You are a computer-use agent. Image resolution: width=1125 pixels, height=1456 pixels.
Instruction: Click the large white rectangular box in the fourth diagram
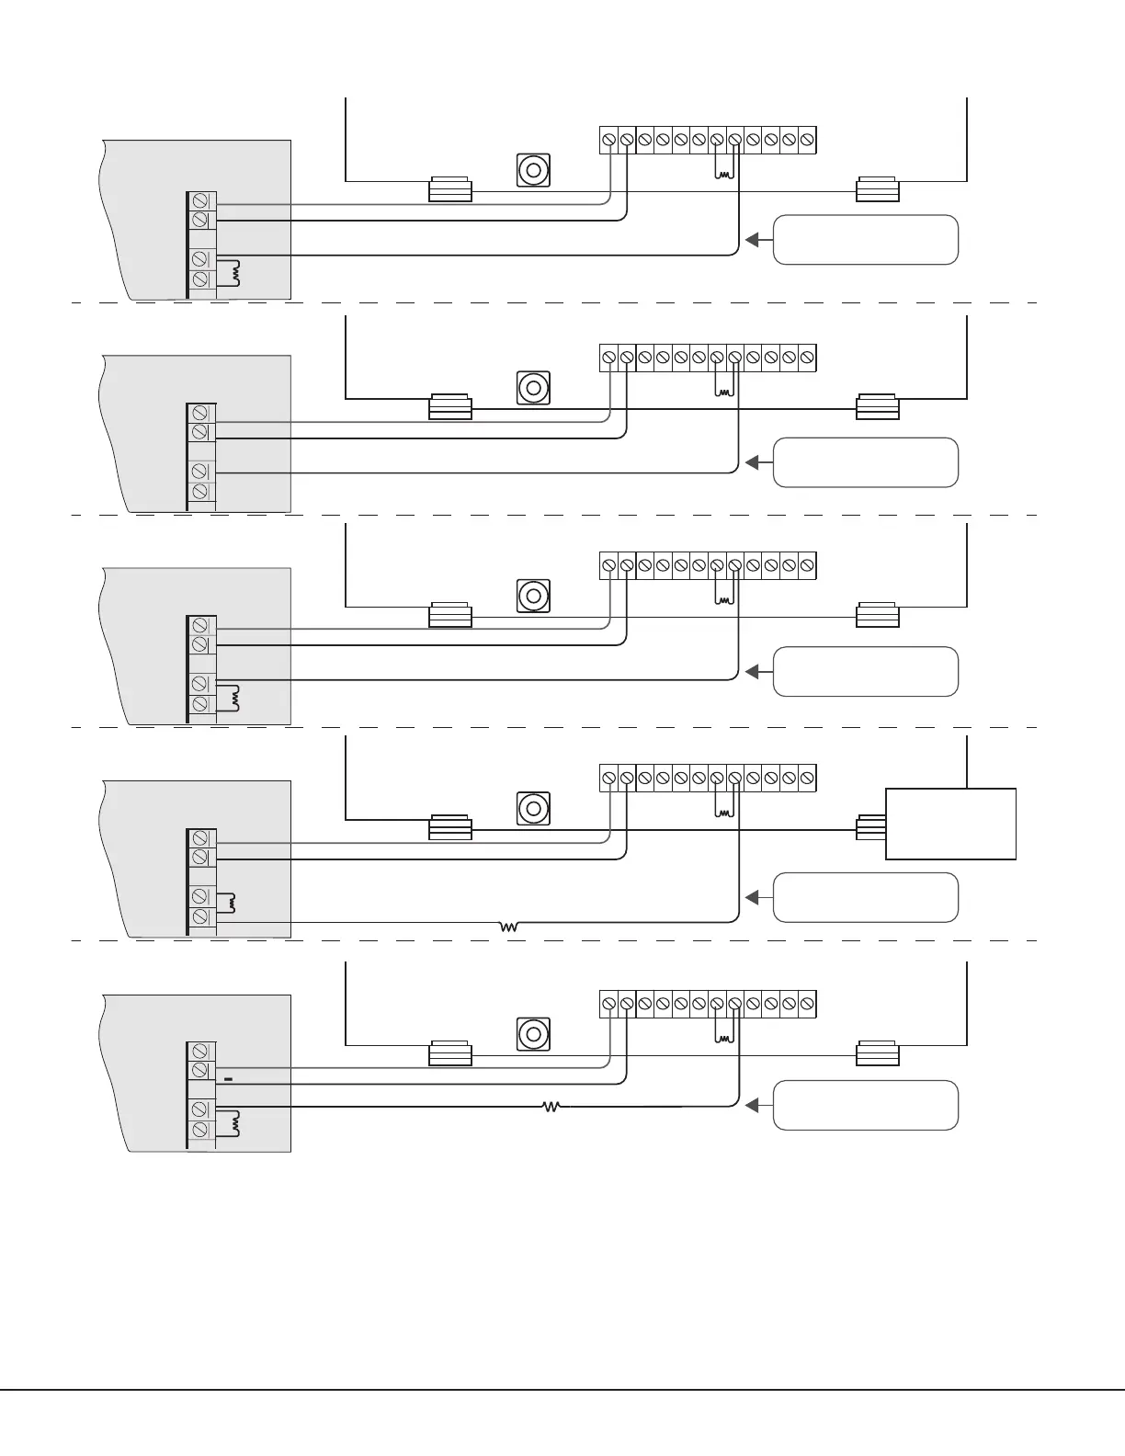coord(950,824)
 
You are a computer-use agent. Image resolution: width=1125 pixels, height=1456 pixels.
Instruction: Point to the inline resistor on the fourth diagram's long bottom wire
coord(508,927)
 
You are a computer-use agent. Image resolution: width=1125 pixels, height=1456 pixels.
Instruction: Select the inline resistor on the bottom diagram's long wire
coord(551,1107)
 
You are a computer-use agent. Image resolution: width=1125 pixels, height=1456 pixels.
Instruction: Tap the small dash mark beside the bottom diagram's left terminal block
coord(229,1077)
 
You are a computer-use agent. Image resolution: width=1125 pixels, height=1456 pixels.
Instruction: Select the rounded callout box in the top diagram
coord(866,240)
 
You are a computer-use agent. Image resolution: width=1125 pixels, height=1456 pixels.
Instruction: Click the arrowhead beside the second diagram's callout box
coord(753,461)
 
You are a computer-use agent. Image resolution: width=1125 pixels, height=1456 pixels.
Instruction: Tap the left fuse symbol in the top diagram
coord(450,190)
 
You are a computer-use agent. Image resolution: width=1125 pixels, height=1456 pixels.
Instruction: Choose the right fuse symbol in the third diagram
coord(877,615)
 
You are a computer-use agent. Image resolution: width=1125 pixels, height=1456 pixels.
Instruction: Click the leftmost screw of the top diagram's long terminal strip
coord(608,140)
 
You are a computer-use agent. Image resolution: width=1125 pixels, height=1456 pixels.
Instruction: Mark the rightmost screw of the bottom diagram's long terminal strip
coord(807,1003)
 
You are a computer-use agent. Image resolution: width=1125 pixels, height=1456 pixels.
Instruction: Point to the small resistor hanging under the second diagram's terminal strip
coord(725,392)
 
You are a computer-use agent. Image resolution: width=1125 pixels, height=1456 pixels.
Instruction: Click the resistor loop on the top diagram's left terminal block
coord(234,272)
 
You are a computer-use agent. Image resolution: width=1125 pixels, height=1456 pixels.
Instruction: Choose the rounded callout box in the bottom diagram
coord(866,1106)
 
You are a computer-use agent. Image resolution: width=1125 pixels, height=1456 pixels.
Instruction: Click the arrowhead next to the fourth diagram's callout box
coord(753,896)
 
